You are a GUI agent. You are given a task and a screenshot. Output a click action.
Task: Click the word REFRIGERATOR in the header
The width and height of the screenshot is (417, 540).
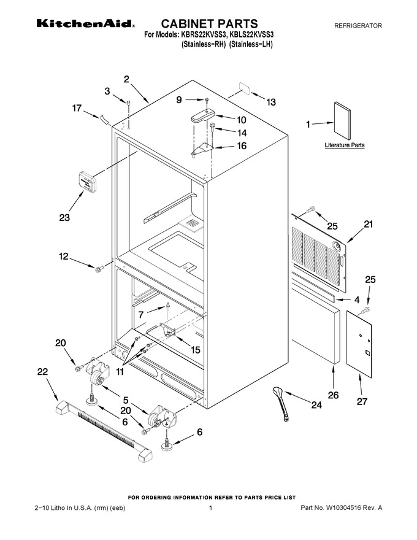coord(358,26)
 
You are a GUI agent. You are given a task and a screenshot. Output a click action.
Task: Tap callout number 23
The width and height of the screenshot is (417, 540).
coord(64,217)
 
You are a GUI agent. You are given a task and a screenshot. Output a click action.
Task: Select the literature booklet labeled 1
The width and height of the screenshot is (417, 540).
coord(342,121)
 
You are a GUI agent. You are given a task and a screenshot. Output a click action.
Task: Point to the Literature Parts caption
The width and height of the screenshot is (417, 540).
coord(345,145)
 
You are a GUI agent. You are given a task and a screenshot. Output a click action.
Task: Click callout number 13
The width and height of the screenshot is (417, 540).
coord(271,102)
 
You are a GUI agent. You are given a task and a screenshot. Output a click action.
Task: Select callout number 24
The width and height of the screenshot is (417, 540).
coord(316,405)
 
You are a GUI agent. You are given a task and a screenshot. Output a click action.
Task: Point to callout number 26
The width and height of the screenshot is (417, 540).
coord(333,395)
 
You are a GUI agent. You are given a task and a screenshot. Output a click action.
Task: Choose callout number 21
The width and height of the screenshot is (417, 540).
coord(368,224)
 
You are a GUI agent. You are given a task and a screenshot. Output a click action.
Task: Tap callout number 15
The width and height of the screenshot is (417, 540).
coord(195,350)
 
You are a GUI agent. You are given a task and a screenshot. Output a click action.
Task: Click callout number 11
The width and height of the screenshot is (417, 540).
coord(120,372)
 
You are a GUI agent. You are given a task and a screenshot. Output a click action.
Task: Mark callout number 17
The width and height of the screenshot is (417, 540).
coord(77,108)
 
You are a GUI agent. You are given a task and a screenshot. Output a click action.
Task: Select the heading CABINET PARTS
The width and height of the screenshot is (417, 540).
coord(209,23)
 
